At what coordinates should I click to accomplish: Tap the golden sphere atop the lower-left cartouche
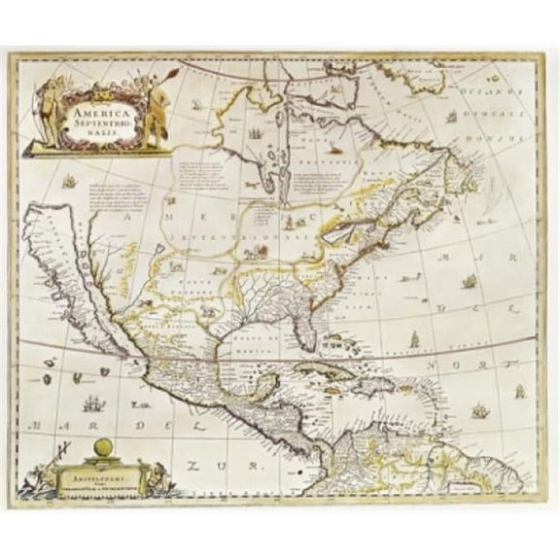coord(103,447)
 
